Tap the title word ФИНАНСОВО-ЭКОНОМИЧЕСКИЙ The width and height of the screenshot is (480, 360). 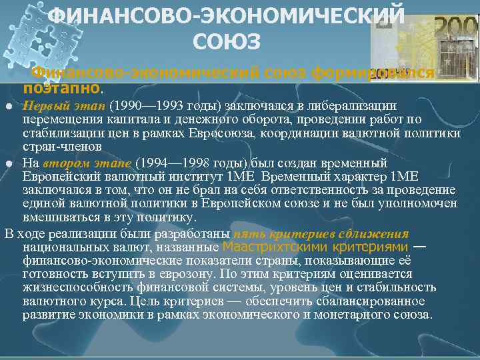click(x=227, y=15)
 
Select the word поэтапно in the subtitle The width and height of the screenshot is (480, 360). click(x=61, y=87)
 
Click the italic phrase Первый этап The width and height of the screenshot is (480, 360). click(x=64, y=105)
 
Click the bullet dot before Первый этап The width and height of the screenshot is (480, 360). click(x=8, y=107)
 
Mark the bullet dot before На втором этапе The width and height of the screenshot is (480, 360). click(x=8, y=163)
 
